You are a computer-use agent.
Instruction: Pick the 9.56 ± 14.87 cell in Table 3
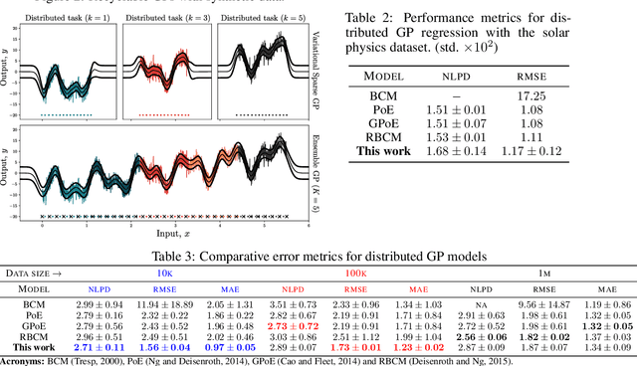coord(543,303)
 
